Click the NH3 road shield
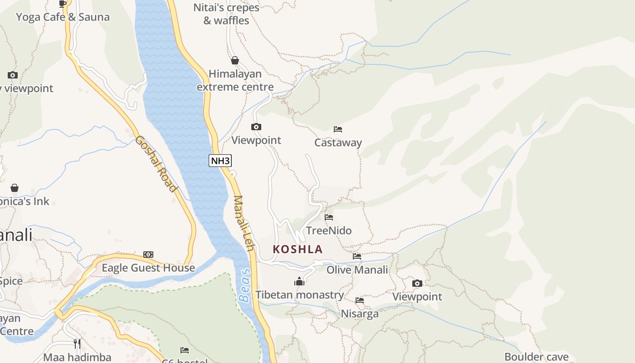[x=220, y=160]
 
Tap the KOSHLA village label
[x=298, y=249]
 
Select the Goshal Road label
[x=156, y=163]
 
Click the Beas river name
[x=245, y=285]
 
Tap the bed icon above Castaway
[x=338, y=129]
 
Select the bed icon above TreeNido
[x=329, y=217]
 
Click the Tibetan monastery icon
[x=299, y=282]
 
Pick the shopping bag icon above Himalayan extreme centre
[x=235, y=60]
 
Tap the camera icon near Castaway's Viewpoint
[x=256, y=127]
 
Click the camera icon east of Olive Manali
[x=417, y=284]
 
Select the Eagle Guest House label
[x=148, y=268]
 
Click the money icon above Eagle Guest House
[x=148, y=255]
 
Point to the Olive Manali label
[x=357, y=270]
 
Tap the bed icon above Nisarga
[x=360, y=300]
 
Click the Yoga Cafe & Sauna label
[x=63, y=17]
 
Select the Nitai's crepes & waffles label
[x=226, y=14]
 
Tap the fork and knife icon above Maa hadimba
[x=77, y=344]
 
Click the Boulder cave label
[x=537, y=357]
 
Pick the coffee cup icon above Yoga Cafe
[x=63, y=4]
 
